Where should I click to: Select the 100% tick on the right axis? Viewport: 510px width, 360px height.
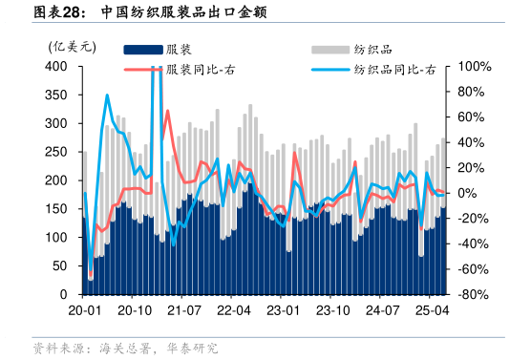pyautogui.click(x=475, y=67)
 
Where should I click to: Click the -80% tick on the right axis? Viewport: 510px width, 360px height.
pyautogui.click(x=475, y=295)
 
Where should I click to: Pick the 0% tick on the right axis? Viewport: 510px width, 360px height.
pyautogui.click(x=468, y=194)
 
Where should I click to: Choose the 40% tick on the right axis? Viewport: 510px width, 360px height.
pyautogui.click(x=472, y=143)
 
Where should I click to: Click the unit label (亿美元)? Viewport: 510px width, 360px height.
pyautogui.click(x=69, y=45)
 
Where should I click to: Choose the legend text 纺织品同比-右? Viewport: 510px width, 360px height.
pyautogui.click(x=393, y=70)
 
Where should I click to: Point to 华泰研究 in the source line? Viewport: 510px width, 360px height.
pyautogui.click(x=192, y=348)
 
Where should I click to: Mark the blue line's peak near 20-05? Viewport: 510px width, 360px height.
pyautogui.click(x=107, y=95)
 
